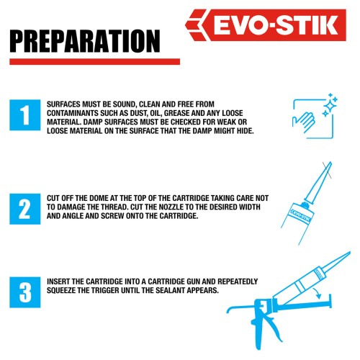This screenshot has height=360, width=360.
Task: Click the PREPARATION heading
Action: tap(85, 41)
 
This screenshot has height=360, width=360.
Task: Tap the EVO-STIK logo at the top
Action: tap(266, 25)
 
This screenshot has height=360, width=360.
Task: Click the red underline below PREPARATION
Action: tap(94, 62)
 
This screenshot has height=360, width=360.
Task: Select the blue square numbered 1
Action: tap(25, 115)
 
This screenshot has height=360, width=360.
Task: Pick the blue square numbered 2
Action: tap(25, 209)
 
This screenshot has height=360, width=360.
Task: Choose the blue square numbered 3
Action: tap(25, 292)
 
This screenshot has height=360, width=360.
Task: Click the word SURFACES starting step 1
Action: tap(63, 104)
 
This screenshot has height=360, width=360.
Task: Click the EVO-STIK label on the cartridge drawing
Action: tap(300, 215)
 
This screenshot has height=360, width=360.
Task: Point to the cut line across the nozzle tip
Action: tap(328, 170)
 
